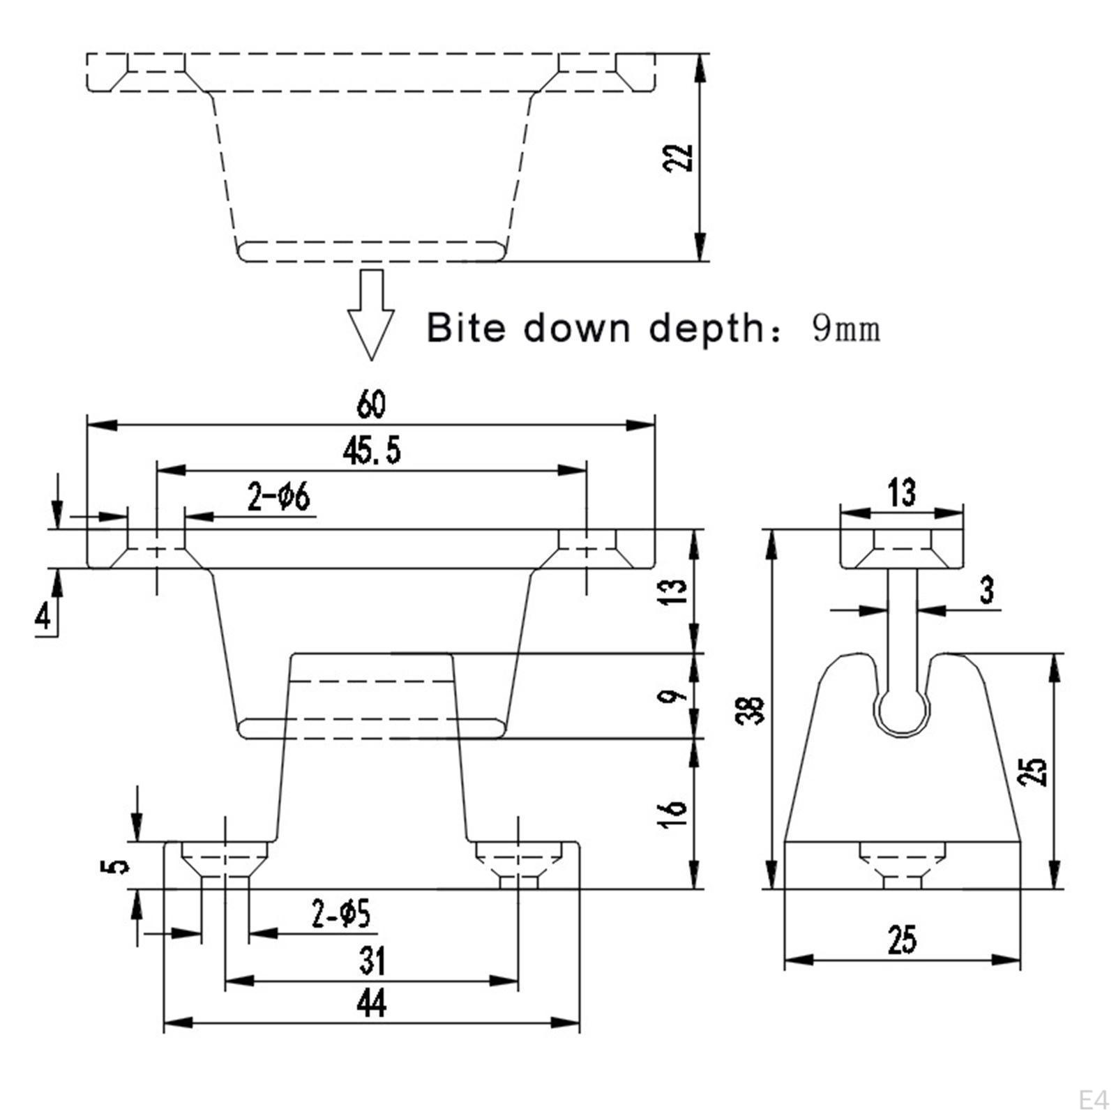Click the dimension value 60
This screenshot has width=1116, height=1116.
(371, 405)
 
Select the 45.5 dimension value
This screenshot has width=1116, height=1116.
(372, 451)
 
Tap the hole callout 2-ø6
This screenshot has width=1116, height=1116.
(278, 497)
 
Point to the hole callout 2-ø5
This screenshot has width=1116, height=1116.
(341, 914)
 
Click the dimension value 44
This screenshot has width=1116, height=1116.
(371, 1004)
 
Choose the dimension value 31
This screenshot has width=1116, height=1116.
(372, 961)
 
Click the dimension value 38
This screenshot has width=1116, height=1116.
(751, 710)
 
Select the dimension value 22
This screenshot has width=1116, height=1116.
(678, 158)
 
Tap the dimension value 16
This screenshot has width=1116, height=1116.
(674, 813)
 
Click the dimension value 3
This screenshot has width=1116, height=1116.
(986, 590)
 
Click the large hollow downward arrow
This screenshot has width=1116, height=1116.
(371, 314)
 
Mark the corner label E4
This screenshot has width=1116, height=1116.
(1093, 1101)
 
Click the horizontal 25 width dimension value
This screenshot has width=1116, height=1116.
(902, 940)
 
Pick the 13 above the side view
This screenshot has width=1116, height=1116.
(902, 492)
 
